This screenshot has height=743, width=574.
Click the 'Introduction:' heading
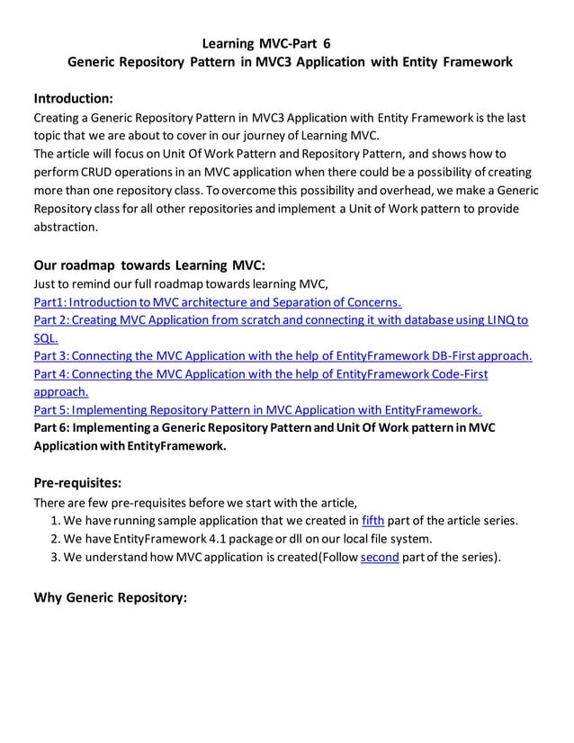[73, 98]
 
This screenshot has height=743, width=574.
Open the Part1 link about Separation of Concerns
[217, 301]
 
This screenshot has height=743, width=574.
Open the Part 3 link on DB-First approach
[283, 355]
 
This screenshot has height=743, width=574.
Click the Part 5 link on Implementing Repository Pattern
[257, 409]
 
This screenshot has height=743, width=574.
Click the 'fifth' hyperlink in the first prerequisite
[372, 520]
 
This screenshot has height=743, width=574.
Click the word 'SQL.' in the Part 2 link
[46, 337]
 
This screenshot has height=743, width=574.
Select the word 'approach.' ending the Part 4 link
[60, 391]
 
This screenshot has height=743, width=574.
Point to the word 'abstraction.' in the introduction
[65, 227]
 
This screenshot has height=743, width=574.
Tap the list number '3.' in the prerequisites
[56, 557]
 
